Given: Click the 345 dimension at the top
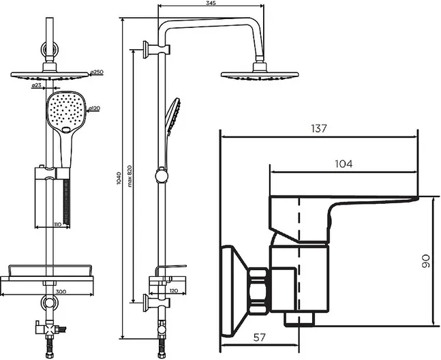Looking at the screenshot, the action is [211, 3].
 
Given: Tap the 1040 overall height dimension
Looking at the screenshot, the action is [119, 179].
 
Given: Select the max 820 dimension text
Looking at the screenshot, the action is [130, 177].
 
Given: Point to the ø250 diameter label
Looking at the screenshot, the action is [97, 72].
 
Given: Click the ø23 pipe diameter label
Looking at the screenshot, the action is [37, 85].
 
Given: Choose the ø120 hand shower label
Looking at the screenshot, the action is [94, 108].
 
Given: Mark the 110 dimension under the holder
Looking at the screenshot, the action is [57, 224].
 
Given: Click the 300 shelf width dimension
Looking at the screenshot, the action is [61, 292].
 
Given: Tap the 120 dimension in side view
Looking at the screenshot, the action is [174, 290].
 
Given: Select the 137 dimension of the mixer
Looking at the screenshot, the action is [319, 129].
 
